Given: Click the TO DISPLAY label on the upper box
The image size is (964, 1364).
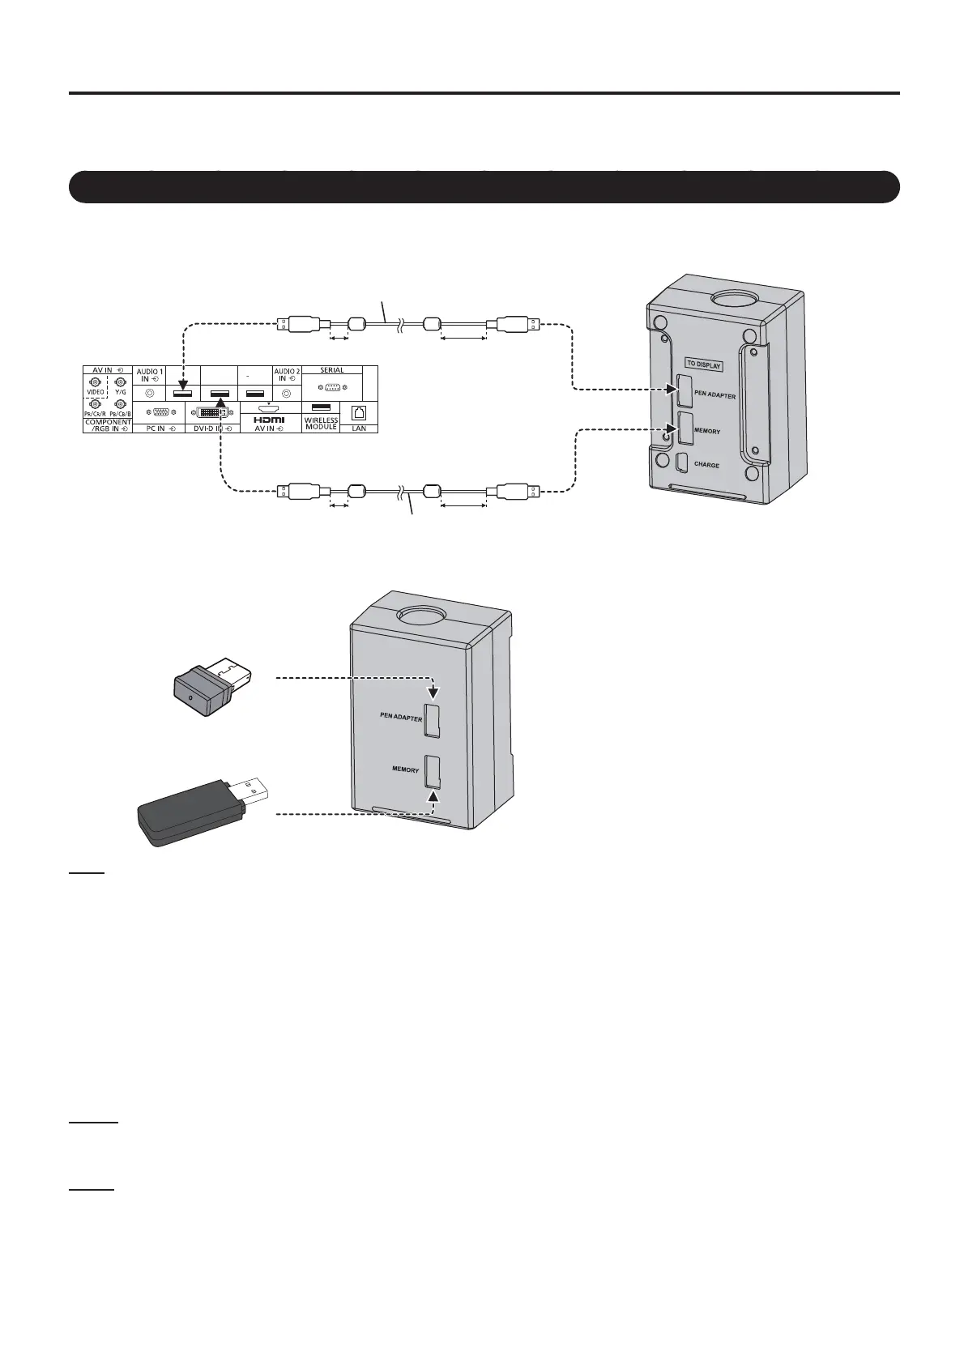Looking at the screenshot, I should [x=703, y=364].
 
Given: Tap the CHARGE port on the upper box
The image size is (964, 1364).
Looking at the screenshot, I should [x=683, y=462].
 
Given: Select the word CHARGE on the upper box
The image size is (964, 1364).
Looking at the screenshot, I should [x=706, y=466].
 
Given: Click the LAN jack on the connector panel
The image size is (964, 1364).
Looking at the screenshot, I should [x=360, y=411].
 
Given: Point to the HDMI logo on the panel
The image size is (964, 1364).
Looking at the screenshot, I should [x=269, y=420].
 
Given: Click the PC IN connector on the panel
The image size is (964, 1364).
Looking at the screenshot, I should [x=160, y=412].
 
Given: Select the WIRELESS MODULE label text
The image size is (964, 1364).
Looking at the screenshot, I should [x=321, y=424].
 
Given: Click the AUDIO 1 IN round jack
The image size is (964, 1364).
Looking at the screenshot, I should [x=150, y=393].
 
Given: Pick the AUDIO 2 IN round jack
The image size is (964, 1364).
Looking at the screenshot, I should [x=286, y=393].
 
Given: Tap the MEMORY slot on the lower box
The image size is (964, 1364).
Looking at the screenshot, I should [x=431, y=772].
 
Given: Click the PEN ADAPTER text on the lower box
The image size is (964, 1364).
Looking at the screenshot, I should [x=401, y=716].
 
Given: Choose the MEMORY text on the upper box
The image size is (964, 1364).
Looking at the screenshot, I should [x=707, y=431].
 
